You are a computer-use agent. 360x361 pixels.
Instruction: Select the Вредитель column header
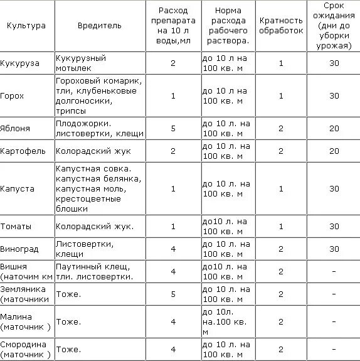click(x=99, y=26)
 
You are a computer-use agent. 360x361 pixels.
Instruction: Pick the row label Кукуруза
click(x=21, y=63)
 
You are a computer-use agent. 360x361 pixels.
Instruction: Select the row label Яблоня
click(x=16, y=128)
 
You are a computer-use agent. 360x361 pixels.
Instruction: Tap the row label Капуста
click(x=18, y=189)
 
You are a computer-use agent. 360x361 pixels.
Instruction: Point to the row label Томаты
click(x=16, y=226)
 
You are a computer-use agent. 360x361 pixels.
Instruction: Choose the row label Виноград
click(x=19, y=249)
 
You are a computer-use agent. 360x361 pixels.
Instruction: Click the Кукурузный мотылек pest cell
click(x=81, y=63)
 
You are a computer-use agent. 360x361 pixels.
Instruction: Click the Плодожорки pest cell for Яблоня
click(x=100, y=128)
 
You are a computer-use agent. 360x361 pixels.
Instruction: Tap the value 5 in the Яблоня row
click(x=173, y=128)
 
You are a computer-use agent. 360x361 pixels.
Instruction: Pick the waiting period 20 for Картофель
click(x=334, y=151)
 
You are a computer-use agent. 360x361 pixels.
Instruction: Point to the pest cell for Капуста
click(x=100, y=189)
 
